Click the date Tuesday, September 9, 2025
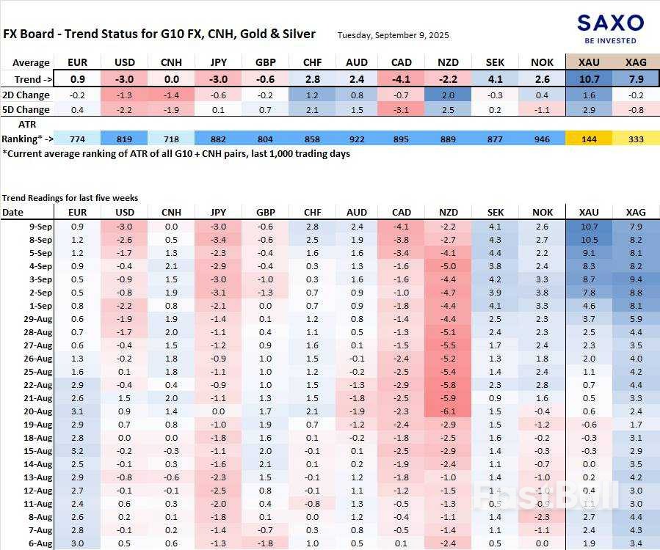393,34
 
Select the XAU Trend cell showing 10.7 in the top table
590,79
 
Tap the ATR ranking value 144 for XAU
590,139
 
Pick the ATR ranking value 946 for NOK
543,139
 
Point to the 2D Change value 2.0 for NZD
448,95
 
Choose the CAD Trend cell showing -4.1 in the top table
401,79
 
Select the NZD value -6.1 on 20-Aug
448,411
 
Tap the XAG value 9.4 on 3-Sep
636,279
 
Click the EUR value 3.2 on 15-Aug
76,451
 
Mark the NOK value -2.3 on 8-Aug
543,517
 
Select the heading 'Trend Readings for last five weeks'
70,198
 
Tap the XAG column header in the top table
636,62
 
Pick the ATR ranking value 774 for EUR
76,139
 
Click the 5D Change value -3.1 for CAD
401,110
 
